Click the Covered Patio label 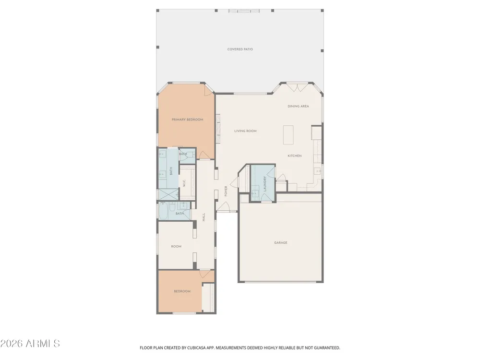[240, 49]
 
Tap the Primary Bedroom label [187, 120]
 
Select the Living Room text [245, 131]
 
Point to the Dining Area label [298, 107]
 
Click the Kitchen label [295, 156]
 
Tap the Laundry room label [265, 184]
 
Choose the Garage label [281, 243]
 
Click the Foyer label [226, 192]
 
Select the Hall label [204, 217]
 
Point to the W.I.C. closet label [184, 184]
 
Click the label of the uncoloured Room [176, 246]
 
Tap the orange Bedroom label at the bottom [182, 291]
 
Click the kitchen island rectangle [288, 135]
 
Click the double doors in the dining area [297, 88]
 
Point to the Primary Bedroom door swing [203, 155]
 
